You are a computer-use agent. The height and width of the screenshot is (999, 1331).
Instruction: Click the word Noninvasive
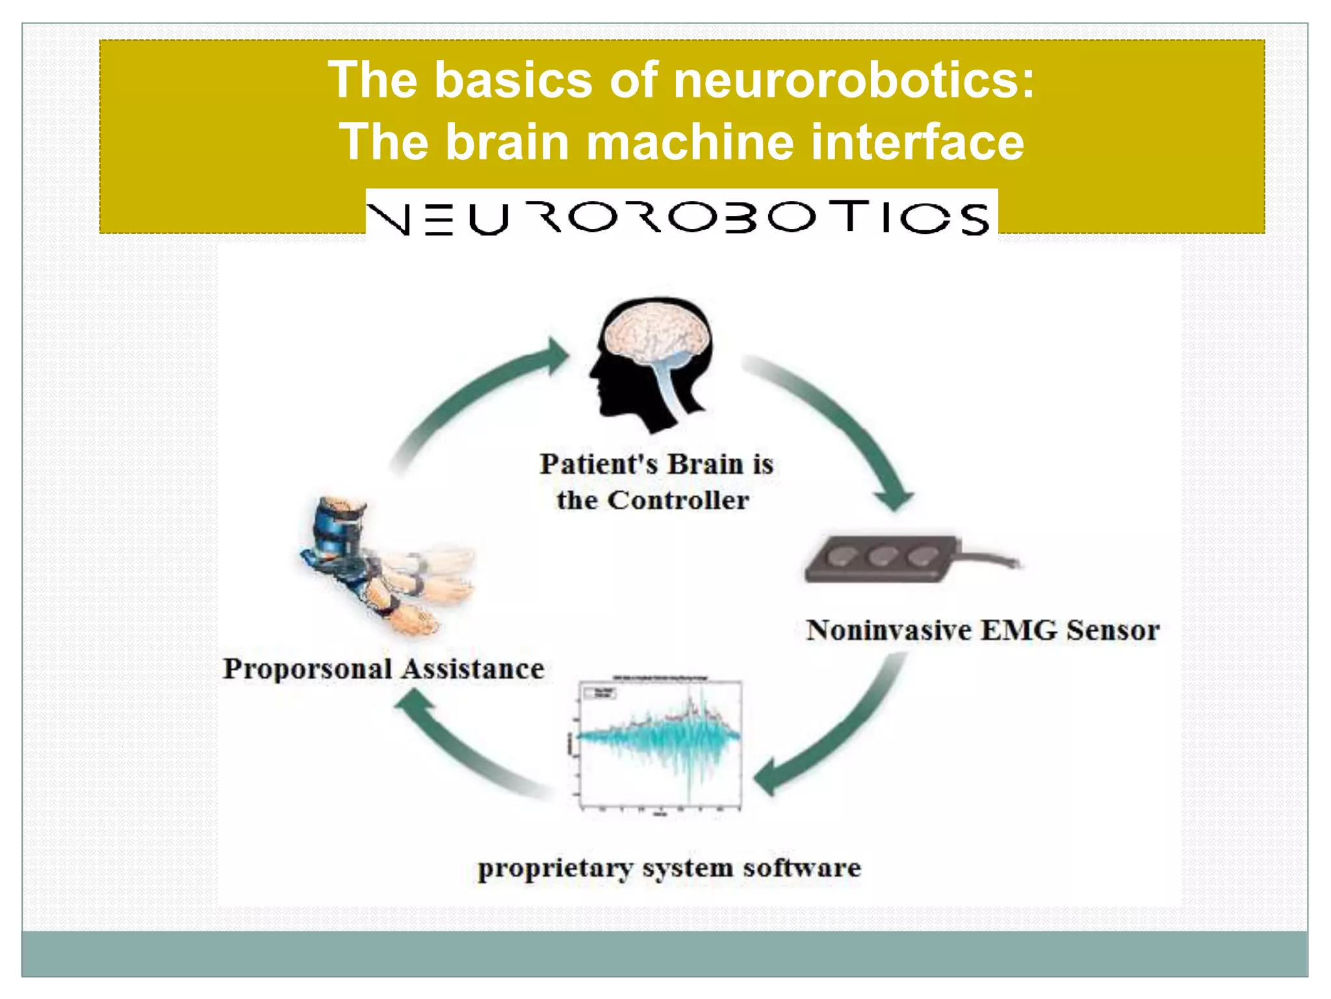[888, 630]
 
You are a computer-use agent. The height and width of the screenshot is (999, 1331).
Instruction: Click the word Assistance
[472, 669]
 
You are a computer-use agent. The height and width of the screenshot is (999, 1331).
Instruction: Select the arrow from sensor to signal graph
[838, 735]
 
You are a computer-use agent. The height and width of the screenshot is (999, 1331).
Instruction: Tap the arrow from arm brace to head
[468, 397]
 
